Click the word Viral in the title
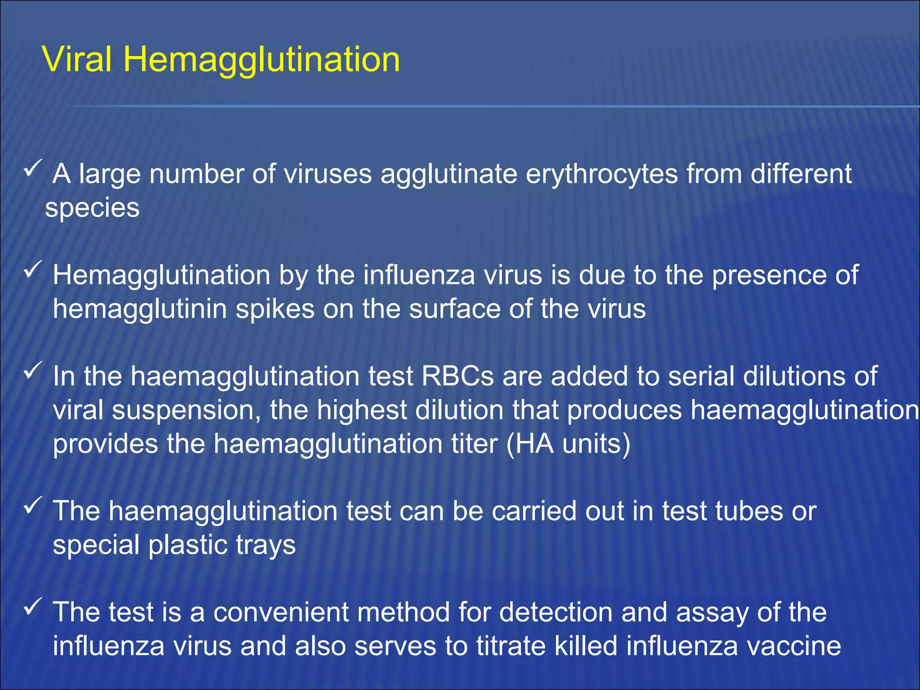point(77,59)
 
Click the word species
point(92,208)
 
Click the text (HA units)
point(568,444)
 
